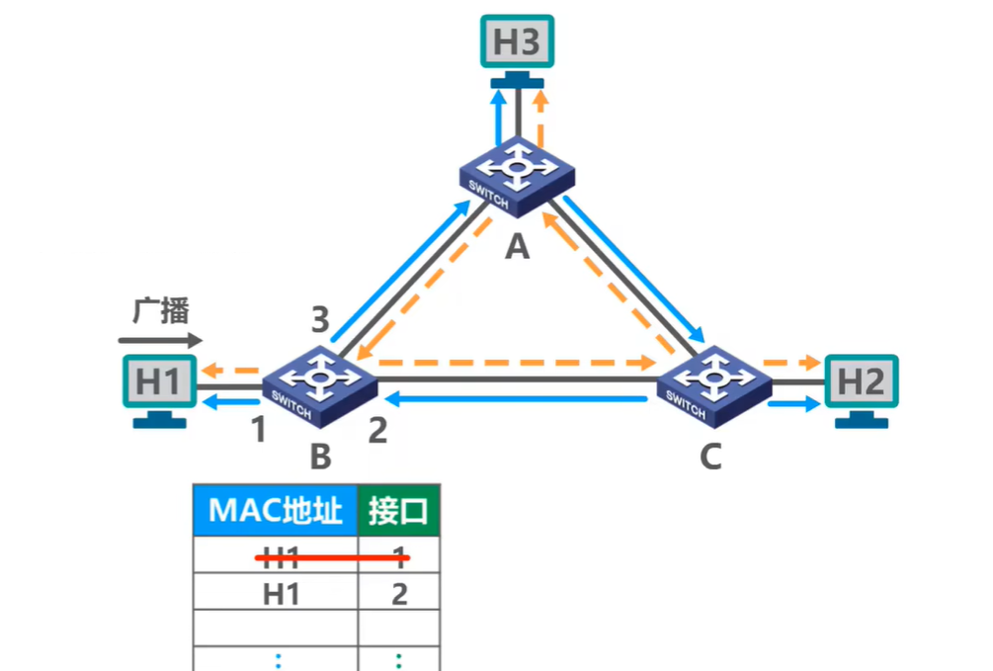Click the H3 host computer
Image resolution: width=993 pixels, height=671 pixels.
517,44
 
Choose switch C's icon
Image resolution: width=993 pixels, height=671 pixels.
709,380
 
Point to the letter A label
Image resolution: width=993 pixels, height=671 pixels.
517,247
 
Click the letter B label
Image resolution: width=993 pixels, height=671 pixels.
319,458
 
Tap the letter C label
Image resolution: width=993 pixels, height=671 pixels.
710,457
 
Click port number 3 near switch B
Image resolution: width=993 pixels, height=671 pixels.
319,320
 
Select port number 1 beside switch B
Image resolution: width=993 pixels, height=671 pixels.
258,430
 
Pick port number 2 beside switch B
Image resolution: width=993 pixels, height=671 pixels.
376,431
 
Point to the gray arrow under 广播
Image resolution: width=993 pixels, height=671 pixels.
159,340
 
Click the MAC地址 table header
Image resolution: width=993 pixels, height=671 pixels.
275,511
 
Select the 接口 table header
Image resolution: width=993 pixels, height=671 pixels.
398,511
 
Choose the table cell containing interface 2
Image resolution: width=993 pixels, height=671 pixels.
398,594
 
